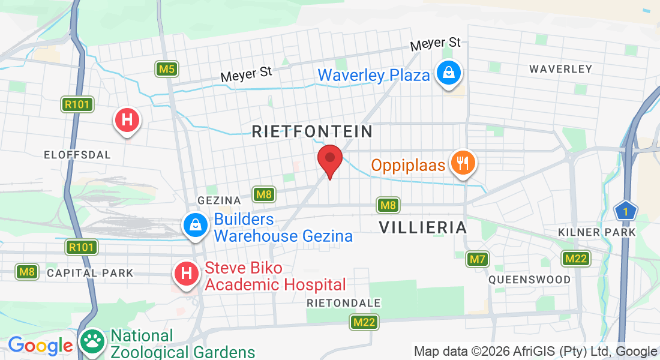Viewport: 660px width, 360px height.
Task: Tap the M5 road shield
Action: [166, 69]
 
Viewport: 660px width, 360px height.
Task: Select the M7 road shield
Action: [477, 259]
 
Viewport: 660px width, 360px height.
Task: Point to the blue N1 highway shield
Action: [625, 211]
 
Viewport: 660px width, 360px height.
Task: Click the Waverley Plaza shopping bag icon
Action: [448, 74]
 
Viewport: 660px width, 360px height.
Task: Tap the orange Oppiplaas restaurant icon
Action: [461, 163]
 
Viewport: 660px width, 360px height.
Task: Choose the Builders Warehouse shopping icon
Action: [195, 226]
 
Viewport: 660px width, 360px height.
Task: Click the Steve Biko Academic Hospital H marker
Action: [187, 274]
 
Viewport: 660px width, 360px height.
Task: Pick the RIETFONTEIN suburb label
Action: [312, 131]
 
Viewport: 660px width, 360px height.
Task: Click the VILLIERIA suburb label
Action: [423, 227]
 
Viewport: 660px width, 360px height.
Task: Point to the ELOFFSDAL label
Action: [77, 155]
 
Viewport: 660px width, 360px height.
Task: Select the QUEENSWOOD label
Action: [529, 280]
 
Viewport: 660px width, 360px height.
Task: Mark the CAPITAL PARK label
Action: [90, 273]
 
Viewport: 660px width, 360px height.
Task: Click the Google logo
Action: [40, 346]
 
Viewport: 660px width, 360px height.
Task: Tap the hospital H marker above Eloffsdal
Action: [127, 120]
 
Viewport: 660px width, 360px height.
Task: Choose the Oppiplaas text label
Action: [408, 165]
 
